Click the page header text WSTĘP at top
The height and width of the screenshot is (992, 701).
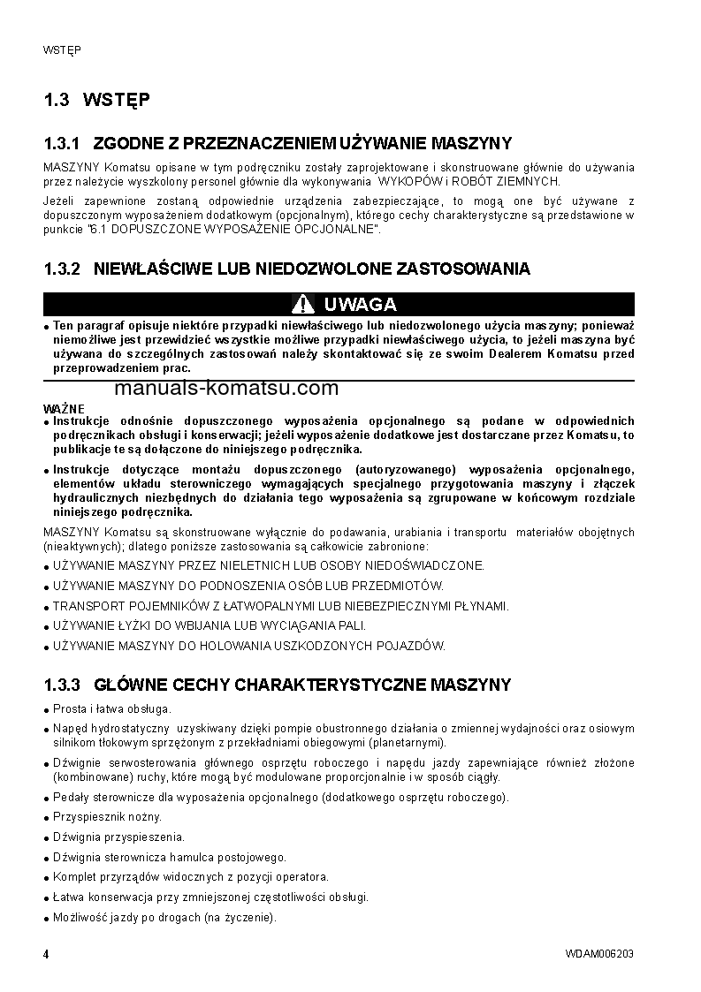point(62,50)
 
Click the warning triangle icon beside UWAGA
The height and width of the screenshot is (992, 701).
point(303,305)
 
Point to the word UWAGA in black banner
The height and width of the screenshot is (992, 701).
point(360,305)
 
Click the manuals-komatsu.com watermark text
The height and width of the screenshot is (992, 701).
point(225,389)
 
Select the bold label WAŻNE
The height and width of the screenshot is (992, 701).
point(64,409)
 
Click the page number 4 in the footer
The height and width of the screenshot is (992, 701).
point(46,954)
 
